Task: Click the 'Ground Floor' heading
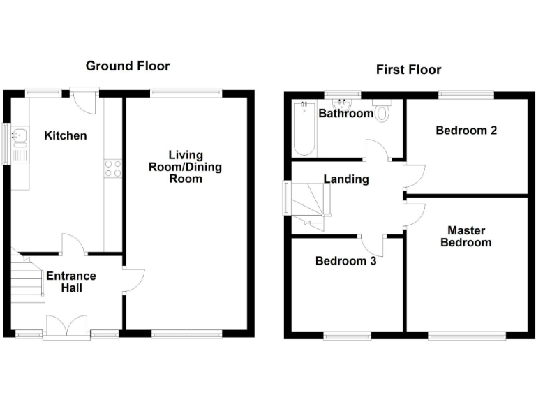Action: pos(127,66)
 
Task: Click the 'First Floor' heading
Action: pos(408,69)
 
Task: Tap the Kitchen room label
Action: pos(66,135)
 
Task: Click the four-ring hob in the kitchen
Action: pos(112,167)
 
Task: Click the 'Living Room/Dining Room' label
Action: pos(186,167)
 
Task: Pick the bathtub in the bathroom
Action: pos(304,129)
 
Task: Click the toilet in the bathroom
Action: pos(383,112)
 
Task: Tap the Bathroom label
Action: pos(345,113)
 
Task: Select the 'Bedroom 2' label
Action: pos(466,131)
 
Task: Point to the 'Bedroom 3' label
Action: pos(345,262)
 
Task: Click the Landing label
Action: pos(345,179)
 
